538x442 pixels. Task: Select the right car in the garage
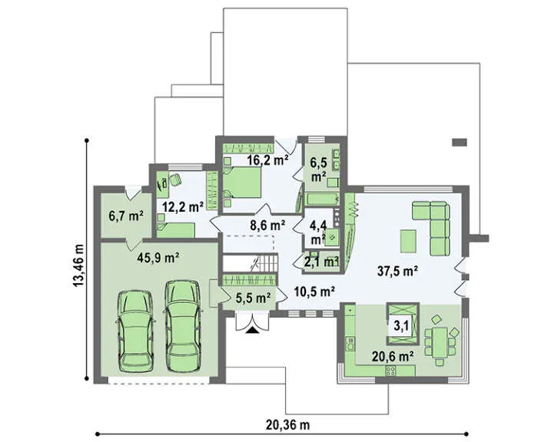click(182, 326)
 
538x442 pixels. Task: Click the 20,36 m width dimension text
click(287, 425)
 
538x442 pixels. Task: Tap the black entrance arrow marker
click(252, 330)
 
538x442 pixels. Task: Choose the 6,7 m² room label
click(126, 216)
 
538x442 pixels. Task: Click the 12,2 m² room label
click(183, 206)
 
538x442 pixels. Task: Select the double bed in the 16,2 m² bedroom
click(241, 183)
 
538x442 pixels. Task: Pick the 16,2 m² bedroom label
click(267, 160)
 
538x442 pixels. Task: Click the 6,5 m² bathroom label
click(318, 170)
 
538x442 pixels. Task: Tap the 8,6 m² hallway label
click(267, 225)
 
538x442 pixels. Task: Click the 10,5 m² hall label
click(314, 292)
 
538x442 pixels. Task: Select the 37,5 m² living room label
click(397, 271)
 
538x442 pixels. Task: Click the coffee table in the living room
click(408, 242)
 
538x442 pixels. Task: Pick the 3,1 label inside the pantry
click(400, 326)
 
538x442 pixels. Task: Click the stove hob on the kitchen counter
click(390, 371)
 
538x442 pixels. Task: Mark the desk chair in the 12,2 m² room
click(174, 180)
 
